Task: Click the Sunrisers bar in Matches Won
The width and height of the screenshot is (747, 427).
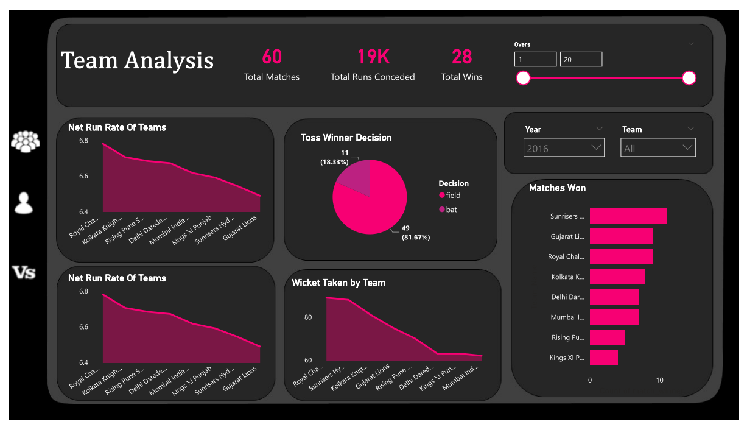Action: click(628, 216)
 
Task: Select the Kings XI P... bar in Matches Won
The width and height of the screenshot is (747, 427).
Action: click(603, 358)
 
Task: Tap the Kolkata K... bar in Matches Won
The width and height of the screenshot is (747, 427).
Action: click(617, 277)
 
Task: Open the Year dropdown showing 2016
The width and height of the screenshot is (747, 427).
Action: click(564, 148)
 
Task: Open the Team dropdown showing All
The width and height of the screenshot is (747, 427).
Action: click(658, 148)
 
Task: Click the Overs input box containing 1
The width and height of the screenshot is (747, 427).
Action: click(535, 59)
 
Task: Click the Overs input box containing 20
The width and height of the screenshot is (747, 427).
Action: click(581, 59)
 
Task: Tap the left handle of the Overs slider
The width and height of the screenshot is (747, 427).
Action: click(523, 78)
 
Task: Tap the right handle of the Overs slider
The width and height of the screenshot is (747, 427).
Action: click(689, 78)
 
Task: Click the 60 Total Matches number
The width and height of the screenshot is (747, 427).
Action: click(272, 57)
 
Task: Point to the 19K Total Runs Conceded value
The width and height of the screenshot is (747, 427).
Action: click(373, 57)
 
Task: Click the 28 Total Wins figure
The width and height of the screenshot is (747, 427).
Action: click(461, 57)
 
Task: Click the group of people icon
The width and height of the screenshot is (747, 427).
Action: click(26, 141)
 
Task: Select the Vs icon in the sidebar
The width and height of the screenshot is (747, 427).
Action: click(24, 272)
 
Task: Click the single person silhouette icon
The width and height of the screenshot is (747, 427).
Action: click(24, 203)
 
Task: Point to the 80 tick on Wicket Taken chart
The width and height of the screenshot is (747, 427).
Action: click(308, 317)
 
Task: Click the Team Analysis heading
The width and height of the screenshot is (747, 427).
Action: click(137, 60)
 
